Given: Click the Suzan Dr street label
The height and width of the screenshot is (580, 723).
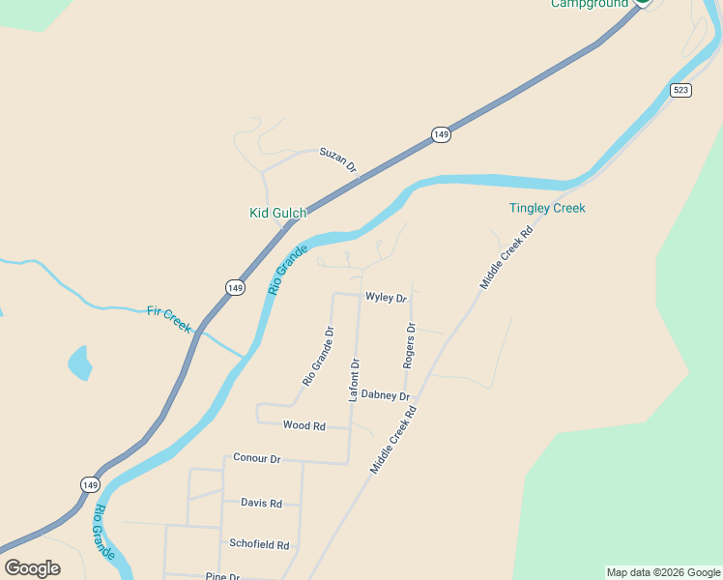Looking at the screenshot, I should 338,159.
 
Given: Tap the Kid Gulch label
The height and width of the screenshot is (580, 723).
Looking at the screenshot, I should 277,213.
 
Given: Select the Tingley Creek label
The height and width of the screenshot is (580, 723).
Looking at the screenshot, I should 547,208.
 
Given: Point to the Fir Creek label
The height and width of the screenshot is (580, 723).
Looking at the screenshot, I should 169,318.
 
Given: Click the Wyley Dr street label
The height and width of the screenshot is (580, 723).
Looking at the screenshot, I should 386,298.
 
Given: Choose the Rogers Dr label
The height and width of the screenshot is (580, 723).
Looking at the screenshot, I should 410,345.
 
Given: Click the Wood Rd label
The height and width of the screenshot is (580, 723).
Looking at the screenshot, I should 304,425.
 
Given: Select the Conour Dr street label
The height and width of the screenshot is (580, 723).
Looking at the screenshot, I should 256,458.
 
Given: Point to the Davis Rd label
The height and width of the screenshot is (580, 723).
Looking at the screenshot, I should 261,503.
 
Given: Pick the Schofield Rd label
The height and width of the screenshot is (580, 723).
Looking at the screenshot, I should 259,544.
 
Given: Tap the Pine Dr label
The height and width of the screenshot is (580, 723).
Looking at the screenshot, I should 221,576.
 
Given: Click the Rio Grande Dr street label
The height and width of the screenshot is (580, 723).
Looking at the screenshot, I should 318,357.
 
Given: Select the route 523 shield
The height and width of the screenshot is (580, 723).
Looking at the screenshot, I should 681,90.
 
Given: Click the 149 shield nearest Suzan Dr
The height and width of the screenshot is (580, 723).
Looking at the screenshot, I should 441,134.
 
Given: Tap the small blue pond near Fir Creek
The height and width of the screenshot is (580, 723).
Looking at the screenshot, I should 79,362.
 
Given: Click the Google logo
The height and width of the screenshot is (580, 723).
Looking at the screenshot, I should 32,568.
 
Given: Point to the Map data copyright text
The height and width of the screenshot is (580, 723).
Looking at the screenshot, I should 663,572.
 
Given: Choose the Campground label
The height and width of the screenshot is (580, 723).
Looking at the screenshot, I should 590,4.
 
